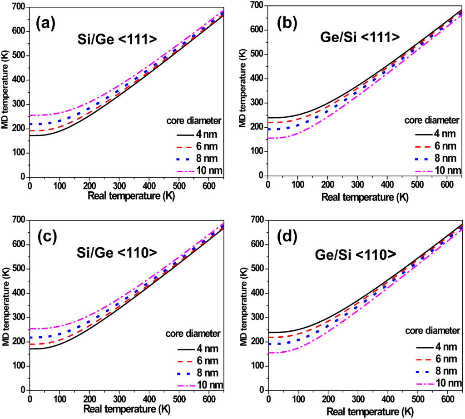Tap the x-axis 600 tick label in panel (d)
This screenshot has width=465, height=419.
(x=446, y=400)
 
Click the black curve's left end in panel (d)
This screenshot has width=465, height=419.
(x=269, y=332)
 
